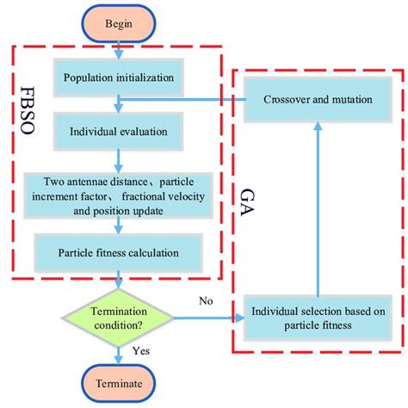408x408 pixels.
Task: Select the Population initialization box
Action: [x=119, y=78]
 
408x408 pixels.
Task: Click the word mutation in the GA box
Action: [x=350, y=100]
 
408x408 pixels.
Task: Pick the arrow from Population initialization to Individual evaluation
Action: [x=119, y=106]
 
